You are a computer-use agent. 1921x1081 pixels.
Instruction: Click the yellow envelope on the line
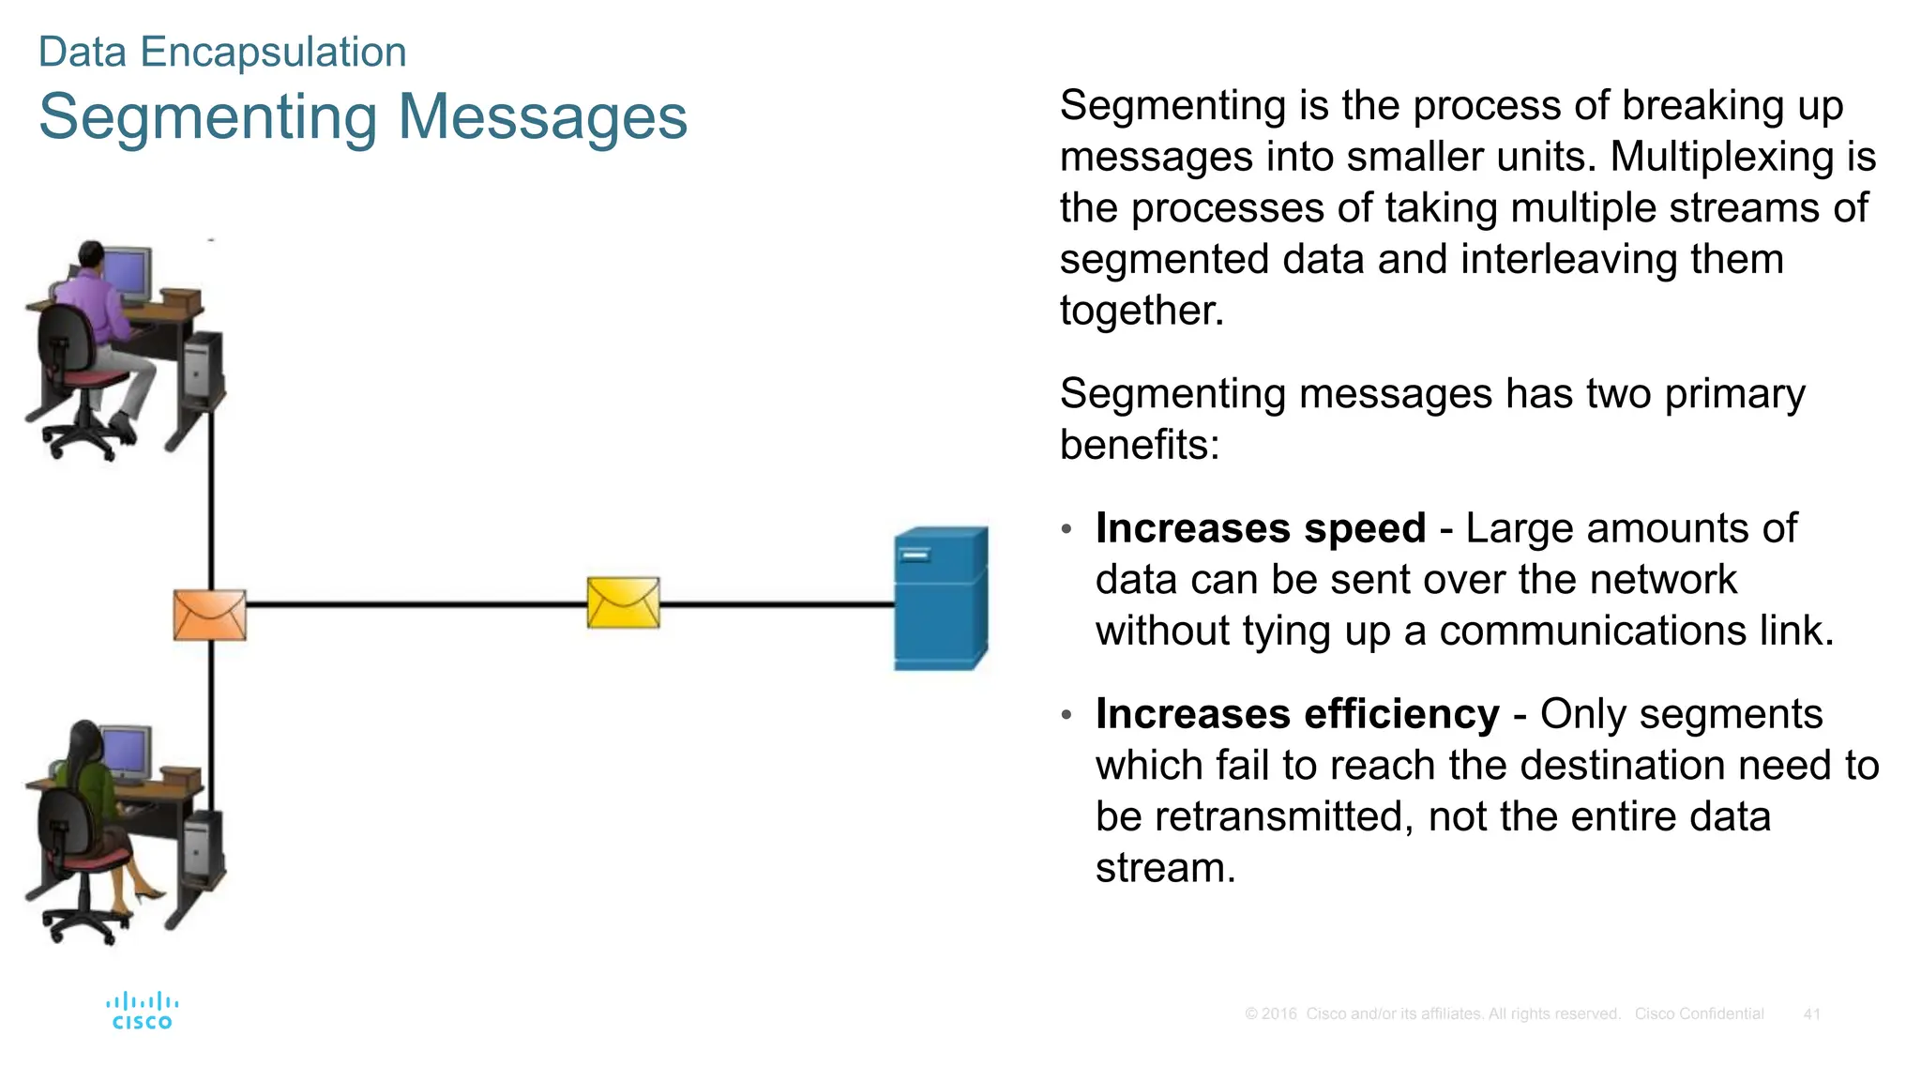coord(623,602)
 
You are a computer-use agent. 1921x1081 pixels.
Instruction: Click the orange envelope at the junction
coord(210,616)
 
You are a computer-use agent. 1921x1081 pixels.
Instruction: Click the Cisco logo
coord(142,1011)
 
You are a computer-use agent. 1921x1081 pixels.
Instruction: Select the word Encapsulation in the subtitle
coord(273,52)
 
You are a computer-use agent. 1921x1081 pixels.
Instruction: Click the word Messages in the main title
coord(542,117)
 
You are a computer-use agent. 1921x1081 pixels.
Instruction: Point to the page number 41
coord(1811,1013)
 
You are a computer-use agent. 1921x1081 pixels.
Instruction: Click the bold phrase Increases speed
coord(1260,528)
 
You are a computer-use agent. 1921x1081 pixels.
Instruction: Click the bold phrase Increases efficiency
coord(1296,714)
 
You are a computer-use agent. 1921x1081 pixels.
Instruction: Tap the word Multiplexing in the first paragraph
coord(1721,157)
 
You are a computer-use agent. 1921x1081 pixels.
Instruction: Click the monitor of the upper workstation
coord(127,272)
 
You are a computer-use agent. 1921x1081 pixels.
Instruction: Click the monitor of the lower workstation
coord(127,753)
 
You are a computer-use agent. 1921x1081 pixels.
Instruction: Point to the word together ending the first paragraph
coord(1141,311)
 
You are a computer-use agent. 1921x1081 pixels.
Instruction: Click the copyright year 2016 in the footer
coord(1278,1013)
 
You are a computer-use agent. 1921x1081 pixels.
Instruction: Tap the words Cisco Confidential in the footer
coord(1698,1013)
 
